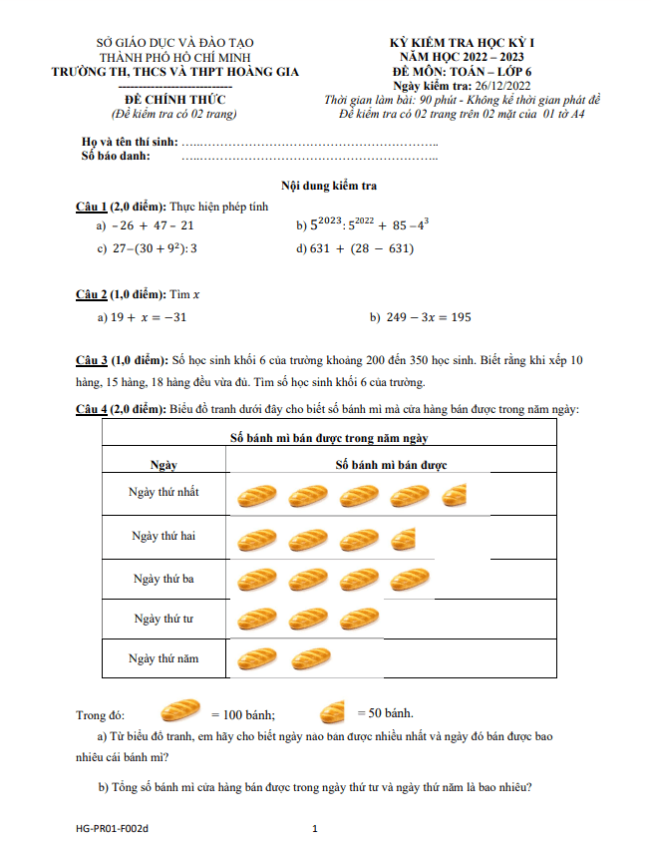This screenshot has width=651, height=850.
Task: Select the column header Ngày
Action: pos(163,465)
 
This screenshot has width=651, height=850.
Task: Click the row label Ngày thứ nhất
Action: pos(163,493)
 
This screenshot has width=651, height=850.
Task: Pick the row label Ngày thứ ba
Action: pos(163,578)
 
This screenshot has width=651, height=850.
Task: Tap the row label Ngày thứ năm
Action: pos(163,658)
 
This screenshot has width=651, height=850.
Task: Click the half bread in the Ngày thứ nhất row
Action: pos(455,494)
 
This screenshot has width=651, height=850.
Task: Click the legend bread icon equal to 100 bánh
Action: pos(180,711)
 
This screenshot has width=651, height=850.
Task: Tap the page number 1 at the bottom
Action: pos(315,828)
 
